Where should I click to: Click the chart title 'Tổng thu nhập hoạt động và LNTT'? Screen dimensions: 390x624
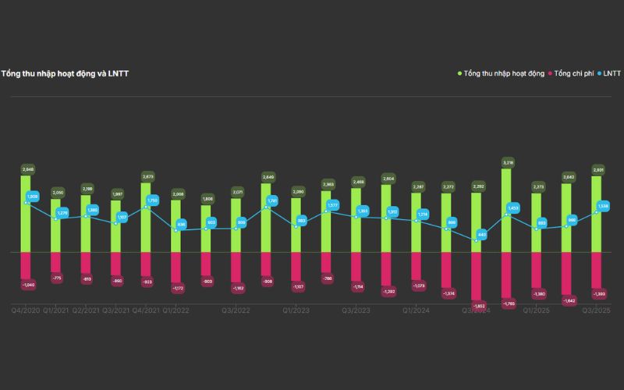[65, 74]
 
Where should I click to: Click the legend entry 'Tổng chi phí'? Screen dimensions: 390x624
[573, 74]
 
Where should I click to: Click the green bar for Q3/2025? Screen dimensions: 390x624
[597, 214]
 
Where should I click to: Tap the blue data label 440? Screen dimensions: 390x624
[481, 234]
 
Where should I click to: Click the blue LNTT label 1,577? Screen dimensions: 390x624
[333, 205]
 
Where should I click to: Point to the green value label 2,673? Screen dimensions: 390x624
[147, 176]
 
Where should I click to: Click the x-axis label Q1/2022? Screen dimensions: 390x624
[177, 310]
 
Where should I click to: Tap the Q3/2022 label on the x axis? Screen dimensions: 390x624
[236, 310]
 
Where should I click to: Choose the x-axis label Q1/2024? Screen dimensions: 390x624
[417, 310]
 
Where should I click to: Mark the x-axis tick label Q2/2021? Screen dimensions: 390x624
[86, 310]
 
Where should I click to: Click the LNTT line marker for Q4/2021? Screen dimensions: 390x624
[147, 207]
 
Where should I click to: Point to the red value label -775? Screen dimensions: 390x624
[56, 278]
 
